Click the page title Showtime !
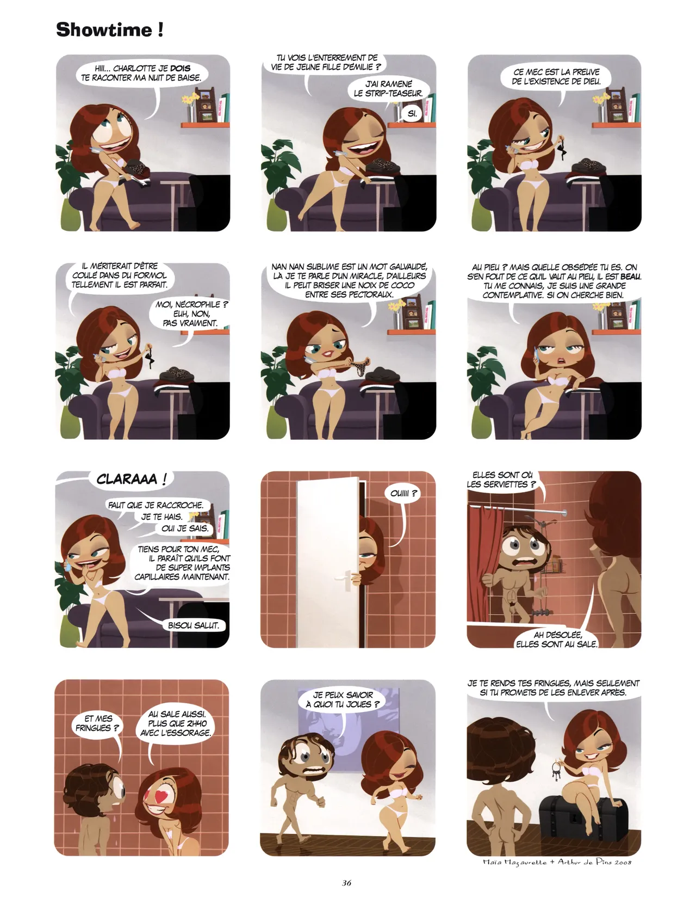[x=109, y=29]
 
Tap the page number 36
[x=347, y=883]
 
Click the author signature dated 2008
[x=557, y=862]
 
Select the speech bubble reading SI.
[x=412, y=114]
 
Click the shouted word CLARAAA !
[x=130, y=480]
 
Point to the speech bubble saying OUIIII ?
[x=404, y=494]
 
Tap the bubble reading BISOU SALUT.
[x=194, y=625]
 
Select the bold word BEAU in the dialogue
[x=631, y=277]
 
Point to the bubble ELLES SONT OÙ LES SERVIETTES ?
[x=501, y=480]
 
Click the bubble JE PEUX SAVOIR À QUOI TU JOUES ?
[x=343, y=699]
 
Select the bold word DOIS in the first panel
[x=180, y=69]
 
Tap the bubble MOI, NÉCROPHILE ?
[x=191, y=314]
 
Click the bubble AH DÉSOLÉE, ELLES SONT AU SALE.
[x=557, y=639]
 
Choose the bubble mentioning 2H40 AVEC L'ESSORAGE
[x=179, y=723]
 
